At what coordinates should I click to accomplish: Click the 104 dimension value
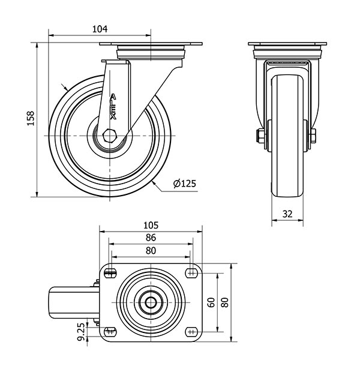100,29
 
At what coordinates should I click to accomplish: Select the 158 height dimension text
31,119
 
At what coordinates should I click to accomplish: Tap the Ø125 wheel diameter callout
184,184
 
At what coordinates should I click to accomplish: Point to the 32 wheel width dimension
287,214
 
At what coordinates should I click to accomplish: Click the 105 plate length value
151,225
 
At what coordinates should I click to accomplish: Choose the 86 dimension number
151,238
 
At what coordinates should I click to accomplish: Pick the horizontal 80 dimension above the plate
151,250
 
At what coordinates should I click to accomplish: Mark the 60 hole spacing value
211,302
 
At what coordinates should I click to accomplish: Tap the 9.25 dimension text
81,332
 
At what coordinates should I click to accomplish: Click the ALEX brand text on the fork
113,107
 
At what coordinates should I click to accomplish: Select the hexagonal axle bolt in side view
109,136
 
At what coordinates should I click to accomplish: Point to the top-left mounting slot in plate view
110,272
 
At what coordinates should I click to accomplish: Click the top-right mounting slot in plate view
191,272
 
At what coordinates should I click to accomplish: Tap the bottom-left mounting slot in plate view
110,332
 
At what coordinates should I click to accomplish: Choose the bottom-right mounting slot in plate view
191,332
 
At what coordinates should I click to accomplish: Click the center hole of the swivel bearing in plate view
151,302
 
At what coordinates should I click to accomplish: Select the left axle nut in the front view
260,136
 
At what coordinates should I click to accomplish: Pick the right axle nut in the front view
313,136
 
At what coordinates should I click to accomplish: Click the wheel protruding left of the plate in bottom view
74,302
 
